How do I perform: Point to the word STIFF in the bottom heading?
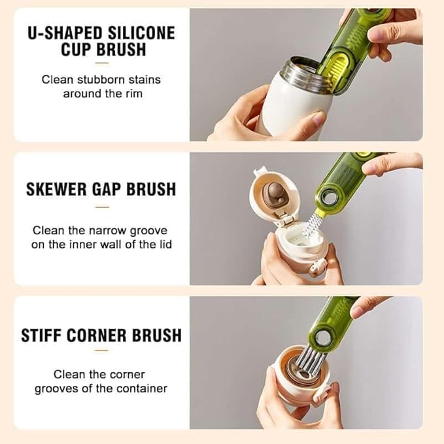(x=41, y=335)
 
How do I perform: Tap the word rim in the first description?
(x=135, y=94)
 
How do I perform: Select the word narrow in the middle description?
(x=107, y=230)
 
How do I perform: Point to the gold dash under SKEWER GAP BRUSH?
(x=102, y=207)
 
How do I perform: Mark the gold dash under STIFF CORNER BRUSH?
(x=101, y=350)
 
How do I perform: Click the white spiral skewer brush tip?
(x=309, y=225)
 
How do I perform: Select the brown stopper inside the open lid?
(x=273, y=193)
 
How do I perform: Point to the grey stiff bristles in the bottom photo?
(x=309, y=362)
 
